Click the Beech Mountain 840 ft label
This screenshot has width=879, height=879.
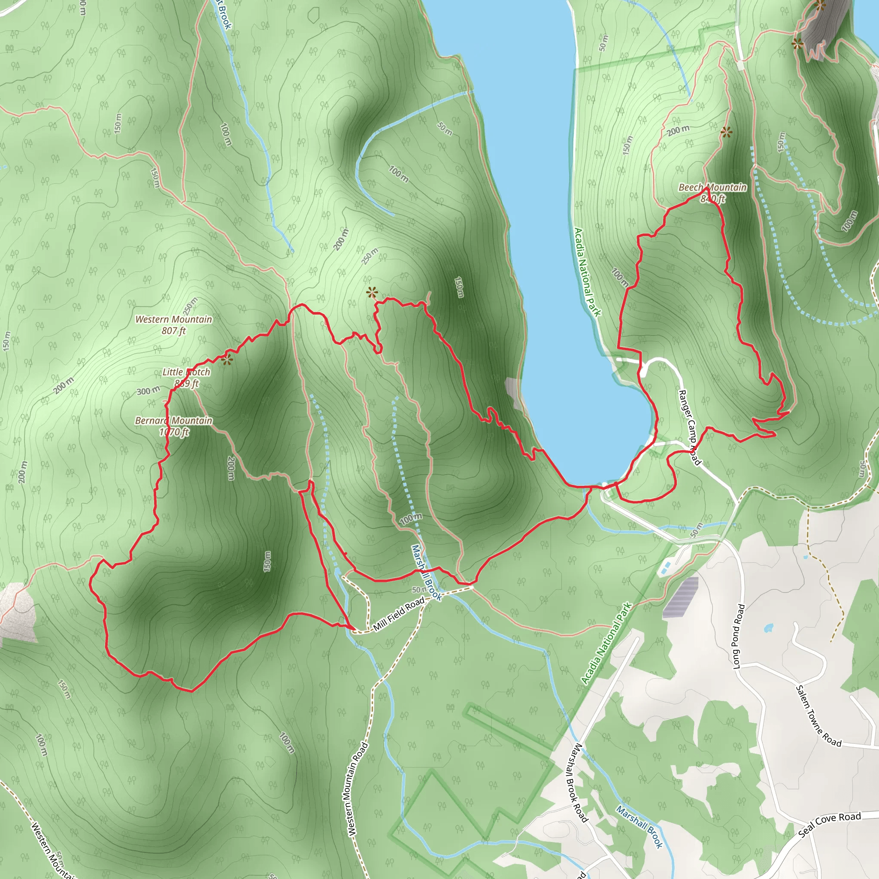click(712, 193)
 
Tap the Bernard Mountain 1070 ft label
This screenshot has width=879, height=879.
click(174, 426)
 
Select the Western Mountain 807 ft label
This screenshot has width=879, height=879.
click(174, 325)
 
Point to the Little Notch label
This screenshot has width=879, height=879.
click(187, 372)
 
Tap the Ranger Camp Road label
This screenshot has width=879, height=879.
click(689, 427)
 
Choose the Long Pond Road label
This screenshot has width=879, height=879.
click(739, 636)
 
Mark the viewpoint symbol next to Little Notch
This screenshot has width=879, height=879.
click(227, 361)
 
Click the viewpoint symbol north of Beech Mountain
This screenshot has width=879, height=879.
click(726, 132)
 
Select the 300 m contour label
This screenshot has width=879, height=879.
click(149, 391)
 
